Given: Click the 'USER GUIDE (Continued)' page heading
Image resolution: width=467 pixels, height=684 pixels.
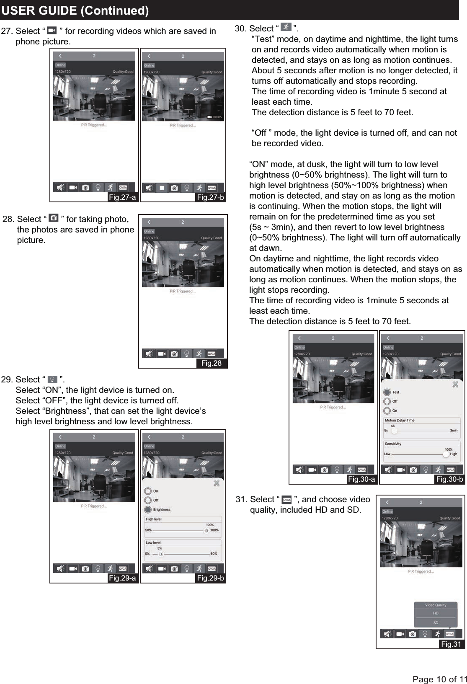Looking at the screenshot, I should [75, 10].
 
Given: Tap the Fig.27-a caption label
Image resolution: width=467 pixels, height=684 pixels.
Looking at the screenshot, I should [122, 197].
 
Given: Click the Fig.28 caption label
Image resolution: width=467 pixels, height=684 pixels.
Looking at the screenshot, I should [212, 363].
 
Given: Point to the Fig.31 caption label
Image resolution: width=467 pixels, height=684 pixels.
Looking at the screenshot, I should [451, 644].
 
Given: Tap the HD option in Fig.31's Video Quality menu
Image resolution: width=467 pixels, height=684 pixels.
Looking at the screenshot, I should [436, 613].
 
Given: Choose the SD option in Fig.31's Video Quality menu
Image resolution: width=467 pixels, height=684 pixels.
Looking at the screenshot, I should [436, 623].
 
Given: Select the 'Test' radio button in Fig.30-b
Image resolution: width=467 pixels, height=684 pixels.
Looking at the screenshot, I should [387, 392].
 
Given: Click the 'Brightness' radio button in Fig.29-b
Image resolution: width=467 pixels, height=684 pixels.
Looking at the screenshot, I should [148, 510].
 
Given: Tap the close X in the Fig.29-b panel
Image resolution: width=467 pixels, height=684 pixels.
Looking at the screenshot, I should [217, 483].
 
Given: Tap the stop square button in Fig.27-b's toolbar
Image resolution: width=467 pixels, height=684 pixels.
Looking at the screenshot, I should [162, 188].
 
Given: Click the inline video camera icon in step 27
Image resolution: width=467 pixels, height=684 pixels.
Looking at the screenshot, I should [52, 31].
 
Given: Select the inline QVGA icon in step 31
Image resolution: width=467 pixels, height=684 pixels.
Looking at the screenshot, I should [287, 500].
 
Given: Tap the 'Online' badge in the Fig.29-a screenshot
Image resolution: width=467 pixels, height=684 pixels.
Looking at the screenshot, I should [60, 446].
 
